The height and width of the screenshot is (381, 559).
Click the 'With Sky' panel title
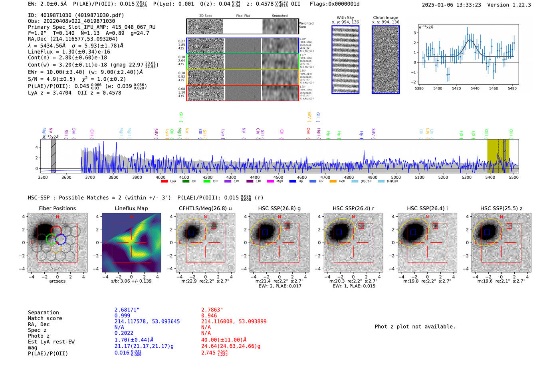click(345, 18)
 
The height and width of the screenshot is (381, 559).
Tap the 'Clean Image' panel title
click(385, 18)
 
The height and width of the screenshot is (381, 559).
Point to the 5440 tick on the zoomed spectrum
click(475, 88)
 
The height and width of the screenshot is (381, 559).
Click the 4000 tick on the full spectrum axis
click(161, 177)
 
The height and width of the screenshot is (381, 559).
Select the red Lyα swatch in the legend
click(164, 182)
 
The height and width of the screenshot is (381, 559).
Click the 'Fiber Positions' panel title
click(57, 208)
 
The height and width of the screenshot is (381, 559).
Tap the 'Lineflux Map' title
click(131, 208)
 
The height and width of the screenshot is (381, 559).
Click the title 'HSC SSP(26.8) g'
click(279, 208)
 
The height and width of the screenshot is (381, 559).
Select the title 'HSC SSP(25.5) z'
click(501, 208)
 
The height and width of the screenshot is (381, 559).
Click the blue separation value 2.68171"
click(127, 310)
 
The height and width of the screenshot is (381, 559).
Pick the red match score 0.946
click(209, 315)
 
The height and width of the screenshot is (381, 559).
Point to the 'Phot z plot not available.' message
click(415, 327)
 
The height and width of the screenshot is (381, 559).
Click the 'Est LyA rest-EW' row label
click(51, 342)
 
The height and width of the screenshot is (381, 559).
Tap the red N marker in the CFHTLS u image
click(205, 217)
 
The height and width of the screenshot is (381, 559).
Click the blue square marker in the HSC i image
click(413, 232)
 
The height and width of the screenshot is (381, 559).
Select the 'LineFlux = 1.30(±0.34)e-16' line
click(69, 52)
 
